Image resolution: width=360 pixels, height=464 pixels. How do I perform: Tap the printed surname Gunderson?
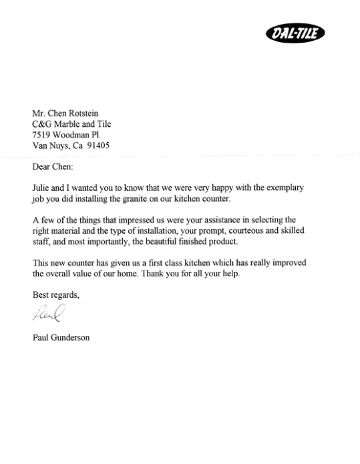[x=71, y=338]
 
